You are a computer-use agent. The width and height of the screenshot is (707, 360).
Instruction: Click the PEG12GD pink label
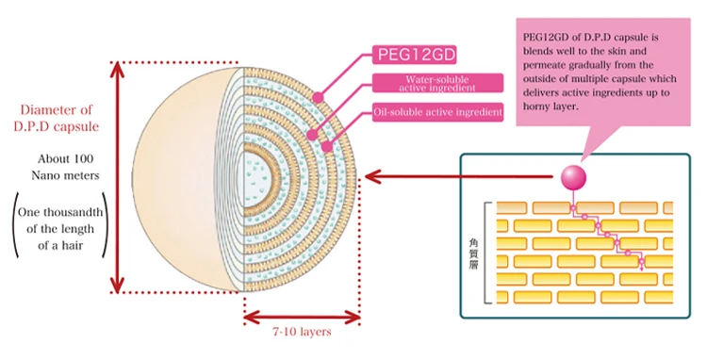tap(415, 55)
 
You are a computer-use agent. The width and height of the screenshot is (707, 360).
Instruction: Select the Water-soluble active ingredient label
tap(437, 83)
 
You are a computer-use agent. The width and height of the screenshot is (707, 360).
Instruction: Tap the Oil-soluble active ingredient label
tap(437, 112)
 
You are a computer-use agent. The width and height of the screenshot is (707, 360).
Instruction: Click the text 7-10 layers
tap(302, 332)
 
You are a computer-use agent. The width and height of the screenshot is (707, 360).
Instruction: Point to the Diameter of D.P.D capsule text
tap(57, 118)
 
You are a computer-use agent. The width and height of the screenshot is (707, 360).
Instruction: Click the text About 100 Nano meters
tap(65, 167)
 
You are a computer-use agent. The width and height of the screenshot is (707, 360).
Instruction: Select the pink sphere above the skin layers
tap(573, 177)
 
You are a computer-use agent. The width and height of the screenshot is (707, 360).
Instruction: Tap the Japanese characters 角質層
tap(473, 254)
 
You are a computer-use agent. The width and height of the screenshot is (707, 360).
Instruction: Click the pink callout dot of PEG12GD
tap(319, 97)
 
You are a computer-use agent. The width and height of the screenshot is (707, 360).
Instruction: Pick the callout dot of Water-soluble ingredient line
tap(312, 134)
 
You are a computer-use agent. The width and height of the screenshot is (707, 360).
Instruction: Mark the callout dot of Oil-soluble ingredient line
tap(327, 146)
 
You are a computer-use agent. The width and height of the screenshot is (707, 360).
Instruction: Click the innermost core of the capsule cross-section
tap(256, 178)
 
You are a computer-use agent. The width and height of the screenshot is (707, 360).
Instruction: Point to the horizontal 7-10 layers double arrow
tap(302, 318)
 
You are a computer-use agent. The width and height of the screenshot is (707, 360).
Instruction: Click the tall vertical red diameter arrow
tap(117, 177)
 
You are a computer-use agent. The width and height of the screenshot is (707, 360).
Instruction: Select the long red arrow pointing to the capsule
tap(458, 176)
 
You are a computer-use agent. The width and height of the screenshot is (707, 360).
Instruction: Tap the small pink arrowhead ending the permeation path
tap(642, 269)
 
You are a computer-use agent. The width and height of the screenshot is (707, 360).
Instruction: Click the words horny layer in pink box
tap(551, 107)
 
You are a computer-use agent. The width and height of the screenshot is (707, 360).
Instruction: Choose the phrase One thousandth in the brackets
tap(60, 212)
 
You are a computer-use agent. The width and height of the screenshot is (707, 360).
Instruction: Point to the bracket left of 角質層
tap(485, 253)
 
